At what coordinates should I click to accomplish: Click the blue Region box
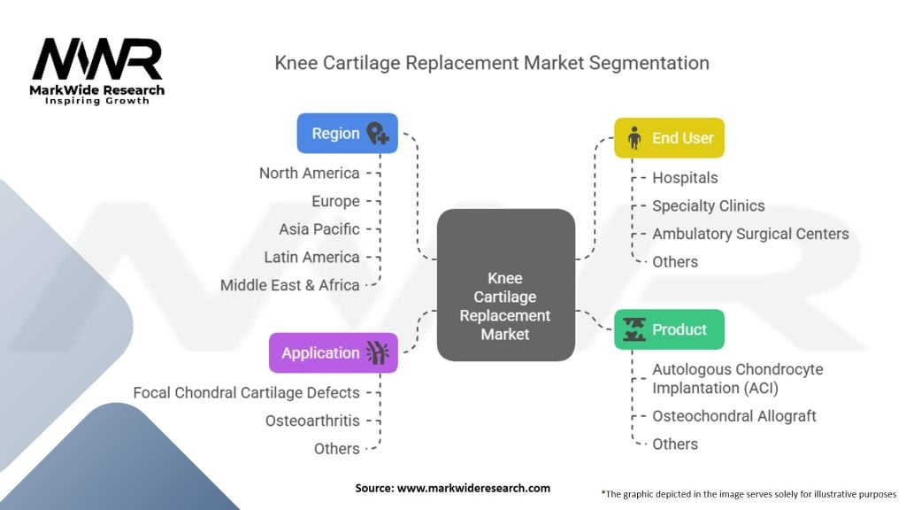point(347,134)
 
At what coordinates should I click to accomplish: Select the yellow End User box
point(669,138)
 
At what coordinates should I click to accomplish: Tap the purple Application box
point(333,352)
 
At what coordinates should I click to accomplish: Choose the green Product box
point(669,329)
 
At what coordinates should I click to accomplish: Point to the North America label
point(309,173)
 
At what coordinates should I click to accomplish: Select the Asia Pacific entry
point(319,228)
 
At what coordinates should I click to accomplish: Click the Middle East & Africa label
point(289,285)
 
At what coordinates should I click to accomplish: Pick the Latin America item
point(311,257)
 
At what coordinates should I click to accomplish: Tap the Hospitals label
point(685,178)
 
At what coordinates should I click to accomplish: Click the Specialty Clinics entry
point(708,205)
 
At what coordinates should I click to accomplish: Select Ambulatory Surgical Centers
point(750,234)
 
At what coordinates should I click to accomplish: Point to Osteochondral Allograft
point(733,415)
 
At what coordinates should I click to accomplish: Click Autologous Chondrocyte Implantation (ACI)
point(737,377)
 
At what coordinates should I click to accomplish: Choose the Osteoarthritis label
point(312,421)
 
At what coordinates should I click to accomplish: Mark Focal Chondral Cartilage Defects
point(246,392)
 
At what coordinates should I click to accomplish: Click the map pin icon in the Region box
point(378,134)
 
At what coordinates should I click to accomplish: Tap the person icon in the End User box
point(633,138)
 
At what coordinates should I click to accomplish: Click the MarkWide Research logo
point(97,71)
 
